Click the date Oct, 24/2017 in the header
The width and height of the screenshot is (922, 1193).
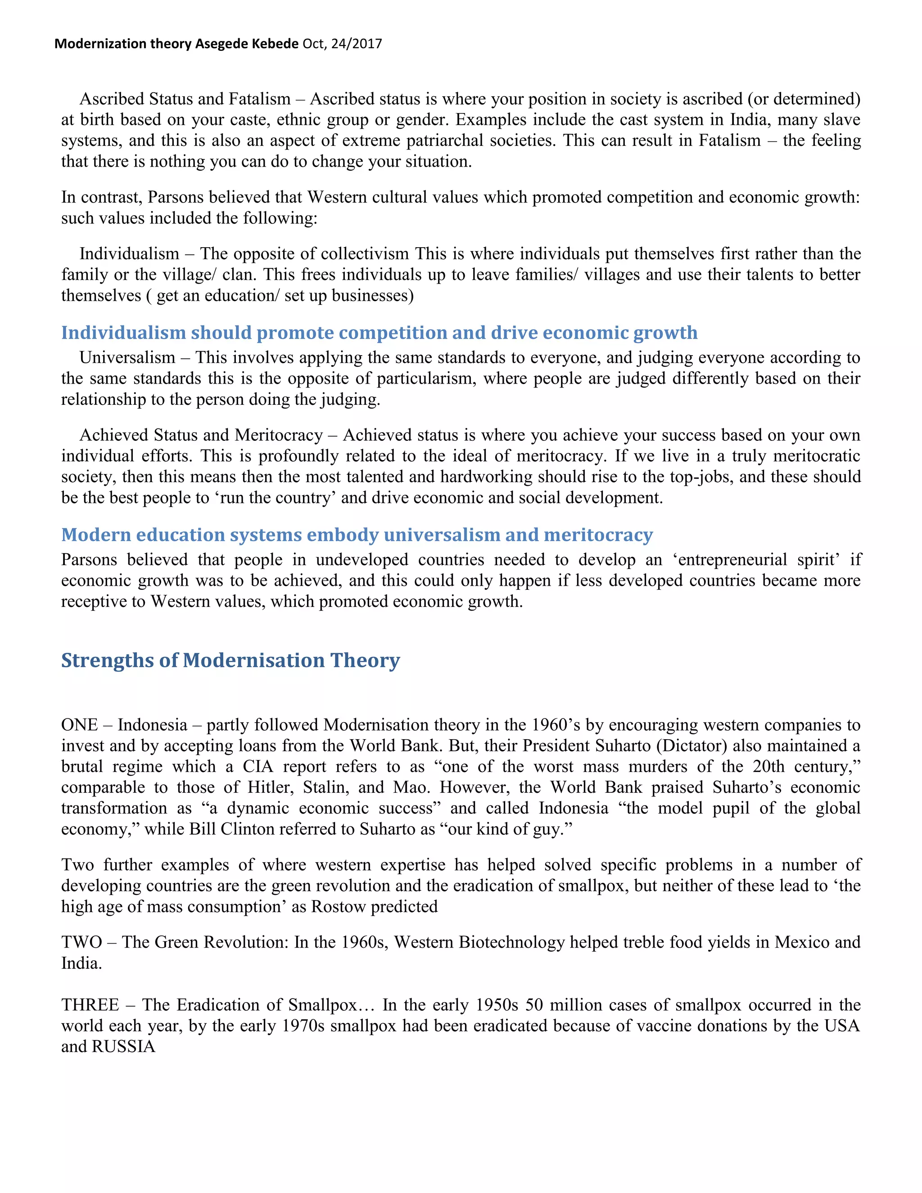pos(342,44)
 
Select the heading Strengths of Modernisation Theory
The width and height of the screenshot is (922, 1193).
pos(230,660)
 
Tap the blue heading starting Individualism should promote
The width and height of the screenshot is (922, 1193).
pos(379,333)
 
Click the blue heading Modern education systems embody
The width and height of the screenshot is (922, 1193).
pos(357,535)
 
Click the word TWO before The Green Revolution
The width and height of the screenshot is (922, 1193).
pos(81,942)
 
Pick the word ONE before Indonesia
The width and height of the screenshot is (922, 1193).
pos(80,725)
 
